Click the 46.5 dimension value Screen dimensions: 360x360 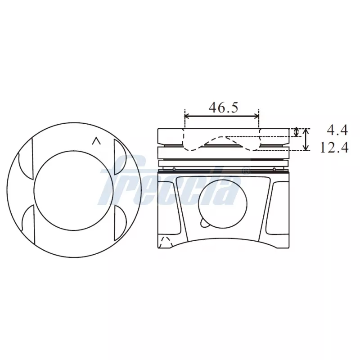(x=223, y=108)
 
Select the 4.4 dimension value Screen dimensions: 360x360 (x=337, y=130)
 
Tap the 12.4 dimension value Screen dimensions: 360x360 (x=334, y=147)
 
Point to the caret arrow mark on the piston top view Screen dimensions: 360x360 (x=95, y=141)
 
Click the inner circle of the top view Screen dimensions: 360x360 (x=74, y=191)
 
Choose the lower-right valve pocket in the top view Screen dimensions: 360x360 (x=121, y=223)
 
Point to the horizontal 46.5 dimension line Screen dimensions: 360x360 (x=222, y=116)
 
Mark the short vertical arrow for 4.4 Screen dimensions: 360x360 (x=296, y=132)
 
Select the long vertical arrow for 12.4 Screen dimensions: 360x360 (x=306, y=139)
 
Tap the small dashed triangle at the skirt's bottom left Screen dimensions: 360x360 (x=165, y=241)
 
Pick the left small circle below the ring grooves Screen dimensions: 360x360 (x=173, y=169)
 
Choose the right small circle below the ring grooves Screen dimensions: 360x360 (x=274, y=169)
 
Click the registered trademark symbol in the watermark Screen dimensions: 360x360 (x=246, y=171)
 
